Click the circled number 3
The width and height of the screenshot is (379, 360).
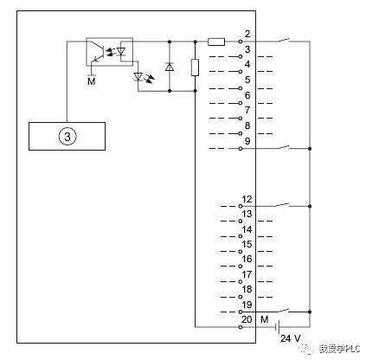click(67, 137)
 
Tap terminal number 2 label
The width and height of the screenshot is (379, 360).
click(247, 34)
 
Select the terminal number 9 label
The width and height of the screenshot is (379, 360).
click(247, 141)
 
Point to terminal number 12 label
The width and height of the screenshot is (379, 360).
click(247, 199)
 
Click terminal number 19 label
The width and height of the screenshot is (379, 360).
click(247, 305)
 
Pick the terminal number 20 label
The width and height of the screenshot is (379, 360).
click(247, 319)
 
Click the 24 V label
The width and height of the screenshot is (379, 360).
click(291, 338)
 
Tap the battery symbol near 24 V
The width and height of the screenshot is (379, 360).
click(278, 327)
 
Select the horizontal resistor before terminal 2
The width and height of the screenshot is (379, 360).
click(216, 42)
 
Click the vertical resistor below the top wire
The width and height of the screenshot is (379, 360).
click(196, 67)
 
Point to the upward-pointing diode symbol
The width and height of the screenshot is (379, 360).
click(170, 67)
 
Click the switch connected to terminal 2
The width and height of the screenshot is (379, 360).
click(284, 41)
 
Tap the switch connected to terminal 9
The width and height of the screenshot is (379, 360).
click(284, 147)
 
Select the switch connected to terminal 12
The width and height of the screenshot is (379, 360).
click(282, 205)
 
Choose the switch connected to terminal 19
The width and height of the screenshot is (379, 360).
click(284, 311)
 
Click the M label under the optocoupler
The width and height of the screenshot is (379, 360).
click(92, 81)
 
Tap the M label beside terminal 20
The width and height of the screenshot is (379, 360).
click(265, 319)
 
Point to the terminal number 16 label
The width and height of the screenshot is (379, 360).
click(247, 259)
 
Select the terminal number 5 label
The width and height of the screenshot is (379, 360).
click(247, 80)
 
